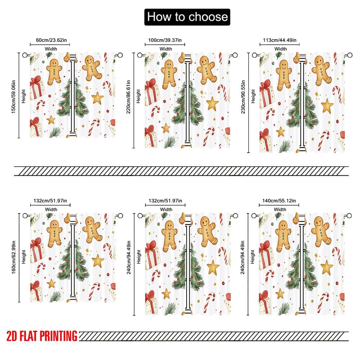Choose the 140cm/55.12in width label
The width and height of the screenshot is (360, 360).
tap(280, 201)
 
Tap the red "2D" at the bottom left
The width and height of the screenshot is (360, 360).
tap(13, 336)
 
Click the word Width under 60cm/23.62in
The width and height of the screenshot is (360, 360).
tap(51, 49)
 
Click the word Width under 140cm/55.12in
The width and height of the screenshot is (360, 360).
tap(280, 209)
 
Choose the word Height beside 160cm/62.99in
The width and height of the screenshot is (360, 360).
tap(24, 256)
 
